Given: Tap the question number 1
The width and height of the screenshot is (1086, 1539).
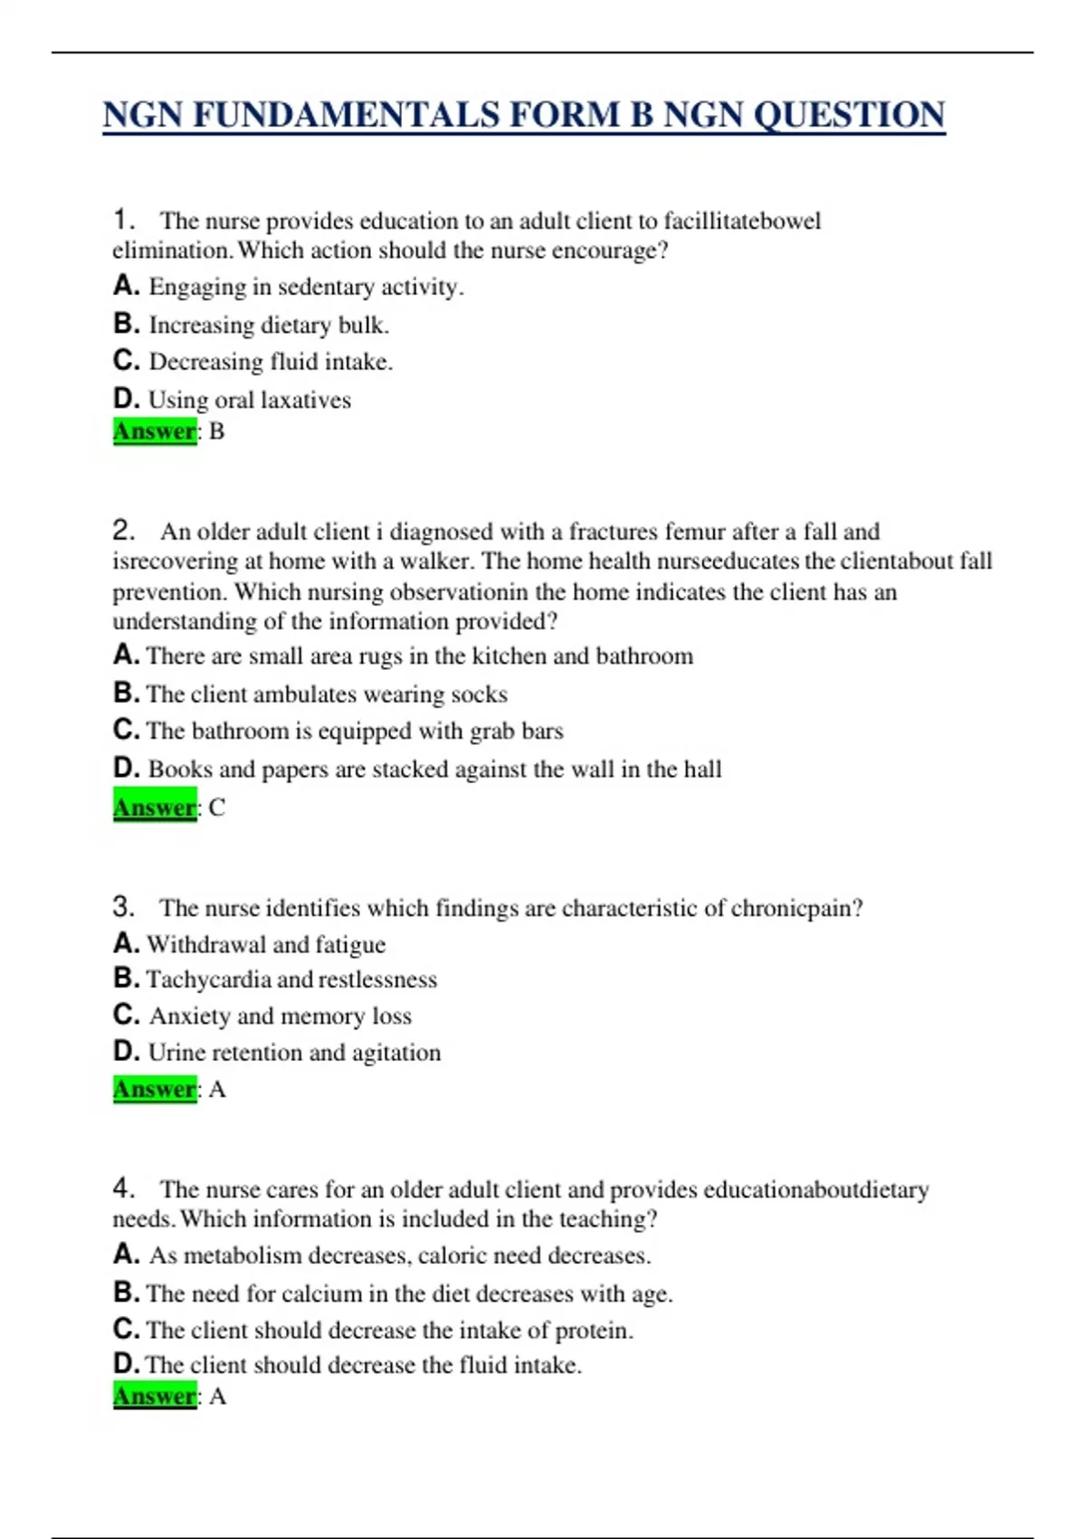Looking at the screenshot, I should [123, 220].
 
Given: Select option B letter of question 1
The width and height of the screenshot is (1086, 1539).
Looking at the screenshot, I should [125, 323].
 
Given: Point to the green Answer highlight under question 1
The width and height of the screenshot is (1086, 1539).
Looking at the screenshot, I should [155, 431].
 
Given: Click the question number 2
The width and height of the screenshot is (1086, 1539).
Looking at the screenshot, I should [123, 531].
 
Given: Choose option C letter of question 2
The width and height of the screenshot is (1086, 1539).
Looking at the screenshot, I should [125, 730].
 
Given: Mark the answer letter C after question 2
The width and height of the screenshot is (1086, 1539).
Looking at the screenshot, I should [217, 808].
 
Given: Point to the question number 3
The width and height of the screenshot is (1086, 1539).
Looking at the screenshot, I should [123, 907].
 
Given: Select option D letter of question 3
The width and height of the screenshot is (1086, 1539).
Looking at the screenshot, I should [125, 1051].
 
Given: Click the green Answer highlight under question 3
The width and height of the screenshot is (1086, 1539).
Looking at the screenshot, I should [155, 1089].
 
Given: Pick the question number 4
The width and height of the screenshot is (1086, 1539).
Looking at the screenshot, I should [123, 1188].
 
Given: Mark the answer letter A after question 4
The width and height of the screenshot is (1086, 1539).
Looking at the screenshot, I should [217, 1397].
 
